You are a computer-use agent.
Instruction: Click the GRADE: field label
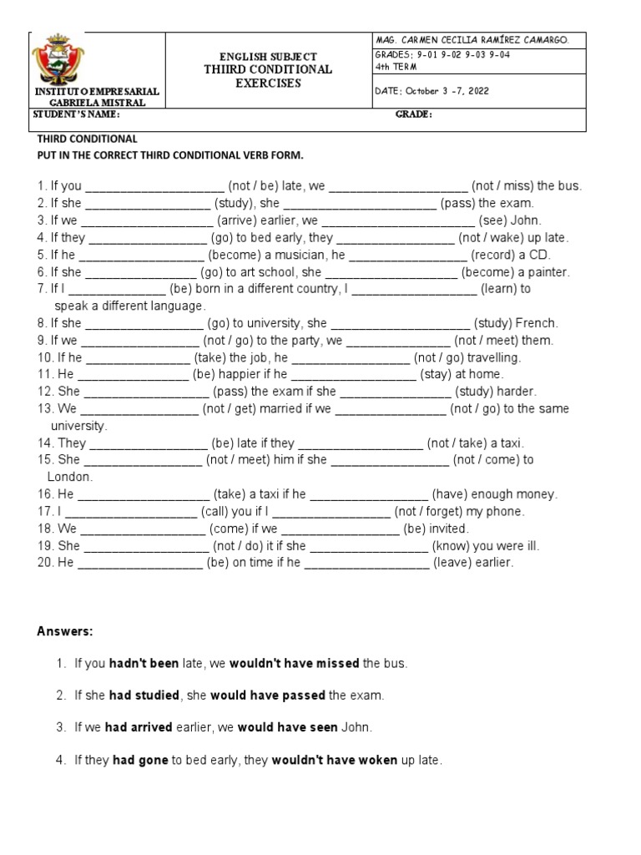(x=413, y=115)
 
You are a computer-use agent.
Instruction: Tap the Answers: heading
(x=65, y=630)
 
